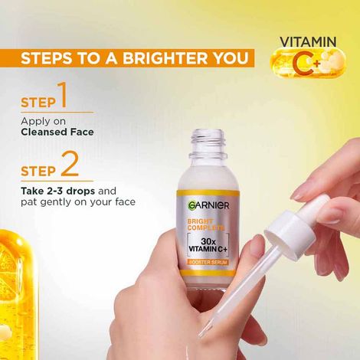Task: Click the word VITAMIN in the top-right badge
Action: tap(309, 41)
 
